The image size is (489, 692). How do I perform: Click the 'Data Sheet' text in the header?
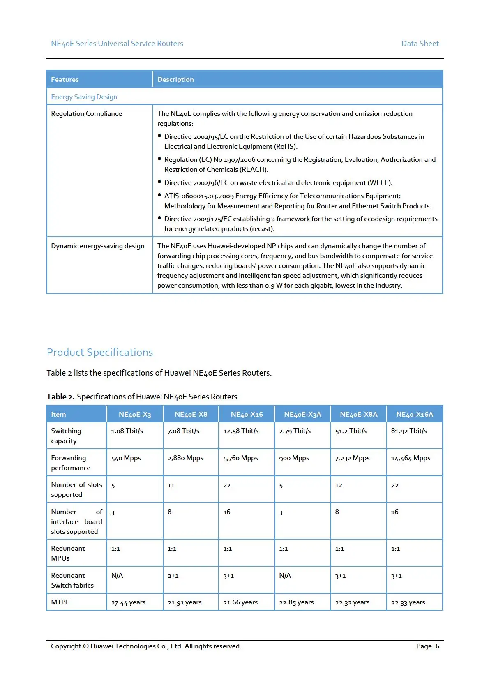[x=420, y=44]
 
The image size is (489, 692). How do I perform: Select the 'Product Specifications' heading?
[x=100, y=352]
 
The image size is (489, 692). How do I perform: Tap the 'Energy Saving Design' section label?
[x=84, y=97]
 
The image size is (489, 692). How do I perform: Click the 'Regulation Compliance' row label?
[x=86, y=114]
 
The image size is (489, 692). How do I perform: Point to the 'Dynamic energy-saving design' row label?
[x=98, y=246]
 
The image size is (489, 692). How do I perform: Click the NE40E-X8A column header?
[x=358, y=414]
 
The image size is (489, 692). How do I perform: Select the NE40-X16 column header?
[x=247, y=414]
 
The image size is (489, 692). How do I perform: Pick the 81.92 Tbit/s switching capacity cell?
[x=409, y=431]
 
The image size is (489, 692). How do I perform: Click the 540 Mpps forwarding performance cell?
[x=126, y=458]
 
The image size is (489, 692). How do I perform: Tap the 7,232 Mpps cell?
[x=352, y=458]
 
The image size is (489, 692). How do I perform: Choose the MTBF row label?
[x=60, y=602]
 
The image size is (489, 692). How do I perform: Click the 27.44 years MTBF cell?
[x=128, y=602]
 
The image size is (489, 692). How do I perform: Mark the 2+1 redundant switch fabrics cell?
[x=173, y=576]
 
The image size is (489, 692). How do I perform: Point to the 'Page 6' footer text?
[x=427, y=646]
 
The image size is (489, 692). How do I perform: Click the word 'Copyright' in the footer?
[x=66, y=646]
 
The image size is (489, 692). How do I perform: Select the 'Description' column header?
[x=175, y=80]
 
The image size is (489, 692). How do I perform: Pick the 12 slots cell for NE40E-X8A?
[x=339, y=485]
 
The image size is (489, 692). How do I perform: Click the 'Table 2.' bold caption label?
[x=60, y=397]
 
